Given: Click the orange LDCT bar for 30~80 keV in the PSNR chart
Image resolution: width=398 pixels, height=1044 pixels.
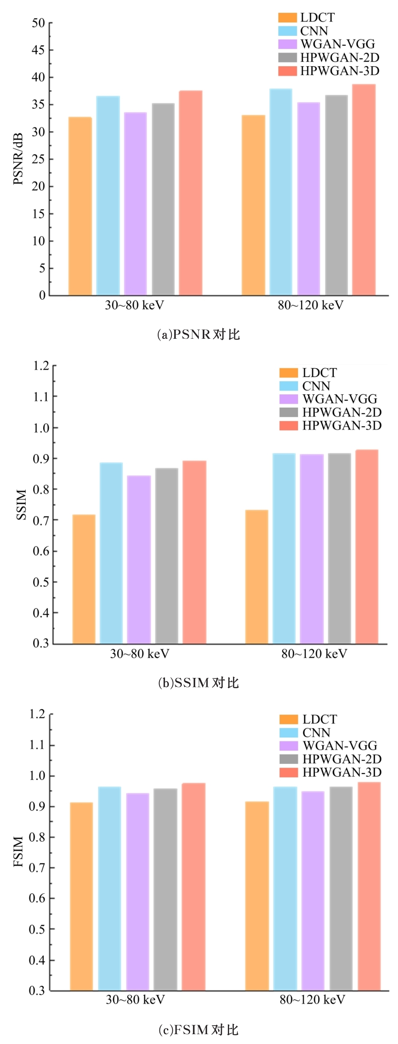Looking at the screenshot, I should coord(80,206).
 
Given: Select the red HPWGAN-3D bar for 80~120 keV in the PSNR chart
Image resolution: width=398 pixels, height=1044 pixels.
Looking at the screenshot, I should coord(364,190).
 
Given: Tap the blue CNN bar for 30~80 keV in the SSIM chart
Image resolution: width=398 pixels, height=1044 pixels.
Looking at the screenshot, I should coord(111,553).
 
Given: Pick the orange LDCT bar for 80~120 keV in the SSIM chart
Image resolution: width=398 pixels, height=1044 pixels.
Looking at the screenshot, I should coord(256,577).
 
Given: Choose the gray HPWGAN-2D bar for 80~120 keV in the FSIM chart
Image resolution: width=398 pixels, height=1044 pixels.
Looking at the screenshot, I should coord(341,889).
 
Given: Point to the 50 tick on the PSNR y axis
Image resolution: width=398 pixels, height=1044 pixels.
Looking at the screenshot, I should coord(38,23).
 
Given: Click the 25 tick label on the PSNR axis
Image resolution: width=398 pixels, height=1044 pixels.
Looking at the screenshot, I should coord(38,159).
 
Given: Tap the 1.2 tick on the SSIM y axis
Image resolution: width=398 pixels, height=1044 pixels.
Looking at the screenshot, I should coord(41,366).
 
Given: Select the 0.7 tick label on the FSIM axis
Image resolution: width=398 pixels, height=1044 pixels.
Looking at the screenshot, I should coord(37,868).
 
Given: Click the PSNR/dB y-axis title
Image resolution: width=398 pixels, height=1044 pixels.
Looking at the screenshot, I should coord(18,159).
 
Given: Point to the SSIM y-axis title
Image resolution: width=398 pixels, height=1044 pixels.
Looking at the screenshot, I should coord(21,504).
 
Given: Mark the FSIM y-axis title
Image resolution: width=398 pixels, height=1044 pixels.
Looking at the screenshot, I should coord(18,851).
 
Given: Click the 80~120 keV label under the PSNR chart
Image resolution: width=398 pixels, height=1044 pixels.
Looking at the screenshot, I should coord(310,305).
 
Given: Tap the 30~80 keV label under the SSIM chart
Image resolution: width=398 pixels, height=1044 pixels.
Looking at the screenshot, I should coord(140,654).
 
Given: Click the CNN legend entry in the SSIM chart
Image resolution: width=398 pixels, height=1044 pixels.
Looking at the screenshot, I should coord(316,386).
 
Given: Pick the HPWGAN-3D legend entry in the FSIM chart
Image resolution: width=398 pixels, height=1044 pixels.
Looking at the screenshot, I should coord(342,772).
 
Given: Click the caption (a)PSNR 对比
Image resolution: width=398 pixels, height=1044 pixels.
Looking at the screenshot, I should coord(199,334).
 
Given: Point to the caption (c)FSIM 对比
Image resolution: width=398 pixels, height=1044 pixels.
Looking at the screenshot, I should coord(199,1030).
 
